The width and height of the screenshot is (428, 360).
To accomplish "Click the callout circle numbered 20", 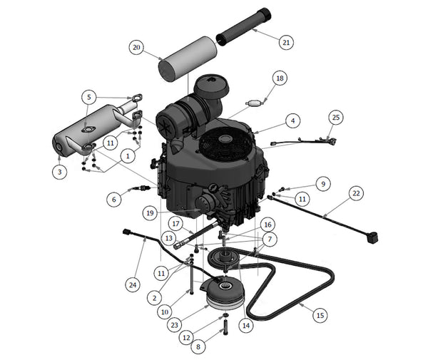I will click(137, 47).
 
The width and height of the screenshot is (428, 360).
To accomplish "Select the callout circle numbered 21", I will click(286, 43).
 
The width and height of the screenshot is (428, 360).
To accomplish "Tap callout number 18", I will click(279, 78).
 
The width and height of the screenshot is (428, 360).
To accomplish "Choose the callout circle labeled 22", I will click(357, 193).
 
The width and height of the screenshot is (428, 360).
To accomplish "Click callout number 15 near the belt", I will click(320, 314).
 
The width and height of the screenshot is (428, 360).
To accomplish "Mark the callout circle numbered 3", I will click(60, 172).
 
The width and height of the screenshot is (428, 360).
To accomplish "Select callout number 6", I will click(113, 200).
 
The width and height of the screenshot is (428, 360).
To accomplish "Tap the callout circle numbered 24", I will click(131, 284).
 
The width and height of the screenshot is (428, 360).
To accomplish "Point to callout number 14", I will click(246, 325).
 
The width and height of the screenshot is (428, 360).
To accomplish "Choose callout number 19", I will click(148, 212).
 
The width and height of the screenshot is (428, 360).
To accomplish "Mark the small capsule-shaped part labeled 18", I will click(250, 103).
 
